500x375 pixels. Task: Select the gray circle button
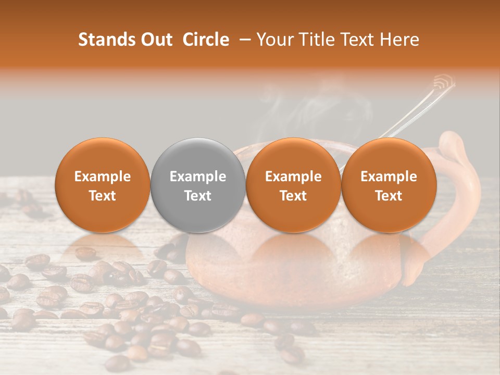coord(198,185)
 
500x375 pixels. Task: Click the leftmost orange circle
coord(103,185)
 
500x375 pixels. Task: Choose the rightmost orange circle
coord(389,185)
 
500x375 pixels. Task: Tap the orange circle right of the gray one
coord(293,185)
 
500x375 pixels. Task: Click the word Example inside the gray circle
coord(198,177)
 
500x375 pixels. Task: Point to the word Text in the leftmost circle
coord(103,196)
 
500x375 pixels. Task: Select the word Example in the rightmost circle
coord(389,177)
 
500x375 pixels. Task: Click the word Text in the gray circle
coord(198,196)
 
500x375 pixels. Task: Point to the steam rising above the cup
coord(292,104)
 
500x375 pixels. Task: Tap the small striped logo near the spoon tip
coord(444,82)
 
